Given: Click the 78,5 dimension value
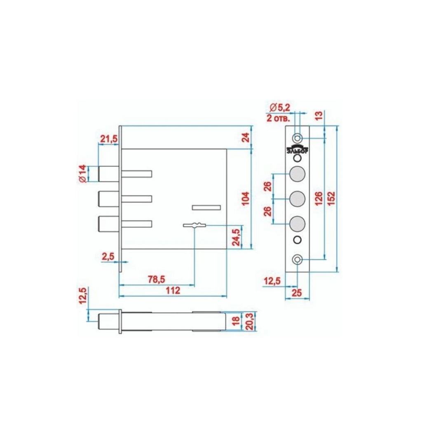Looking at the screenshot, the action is tap(156, 279).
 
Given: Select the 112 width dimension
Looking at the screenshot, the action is tap(173, 291).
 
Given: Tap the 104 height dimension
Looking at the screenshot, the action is tap(246, 199).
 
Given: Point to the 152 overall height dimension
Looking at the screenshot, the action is tap(331, 198).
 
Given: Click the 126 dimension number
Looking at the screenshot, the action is tap(319, 198).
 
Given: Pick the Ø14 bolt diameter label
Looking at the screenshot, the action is tap(83, 174).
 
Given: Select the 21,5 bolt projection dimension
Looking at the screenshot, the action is tap(109, 139).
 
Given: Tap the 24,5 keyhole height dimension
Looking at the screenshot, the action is tap(236, 237).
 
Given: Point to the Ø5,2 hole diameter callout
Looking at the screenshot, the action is tap(280, 108).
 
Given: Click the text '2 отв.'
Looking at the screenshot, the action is tap(278, 118).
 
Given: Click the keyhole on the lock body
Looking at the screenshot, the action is tap(195, 225).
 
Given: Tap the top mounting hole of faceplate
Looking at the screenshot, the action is tap(297, 138).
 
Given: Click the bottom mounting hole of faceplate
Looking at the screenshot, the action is tap(297, 260).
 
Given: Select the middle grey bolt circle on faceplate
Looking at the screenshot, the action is tap(297, 199).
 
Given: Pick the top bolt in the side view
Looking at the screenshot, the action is tap(108, 174).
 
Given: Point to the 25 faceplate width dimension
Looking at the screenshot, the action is tap(297, 293).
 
